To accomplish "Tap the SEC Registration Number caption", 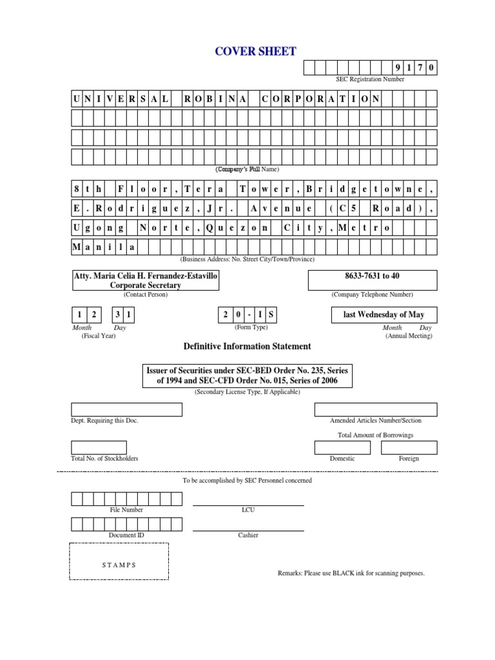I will click(370, 79).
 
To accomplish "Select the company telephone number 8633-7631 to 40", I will click(373, 275).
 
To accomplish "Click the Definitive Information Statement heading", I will click(247, 346).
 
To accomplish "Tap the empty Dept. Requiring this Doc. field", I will click(126, 410).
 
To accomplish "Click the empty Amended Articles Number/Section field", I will click(376, 410).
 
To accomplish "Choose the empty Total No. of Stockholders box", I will click(99, 448).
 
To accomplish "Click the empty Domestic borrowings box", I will click(342, 448).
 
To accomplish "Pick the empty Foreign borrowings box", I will click(409, 448).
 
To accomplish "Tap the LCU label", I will click(248, 510).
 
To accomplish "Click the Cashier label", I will click(248, 535).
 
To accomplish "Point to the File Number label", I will click(126, 510).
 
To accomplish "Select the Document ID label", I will click(126, 535).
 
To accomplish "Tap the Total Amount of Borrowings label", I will click(376, 435).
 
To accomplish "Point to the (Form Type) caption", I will click(248, 327).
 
